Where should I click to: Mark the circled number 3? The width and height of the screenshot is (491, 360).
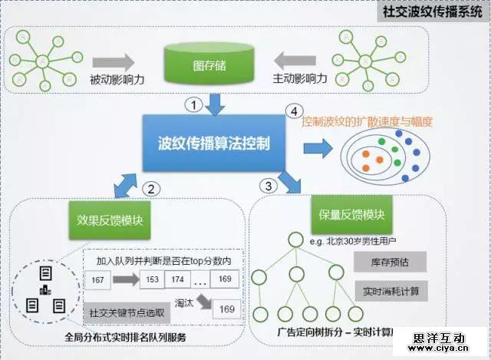pos(267,185)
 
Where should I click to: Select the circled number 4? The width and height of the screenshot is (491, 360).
pos(291,111)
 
